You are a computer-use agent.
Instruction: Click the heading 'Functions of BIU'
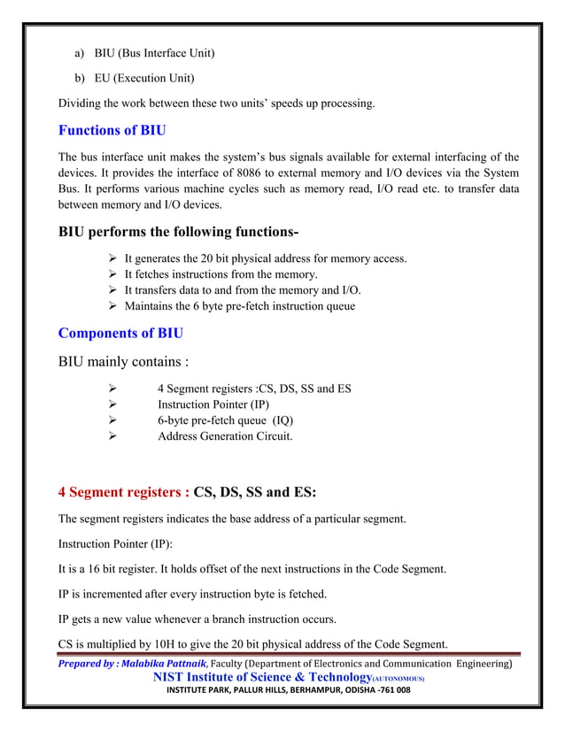tap(112, 131)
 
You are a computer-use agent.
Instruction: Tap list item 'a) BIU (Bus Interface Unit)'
tap(144, 53)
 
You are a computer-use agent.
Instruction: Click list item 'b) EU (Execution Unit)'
tap(134, 78)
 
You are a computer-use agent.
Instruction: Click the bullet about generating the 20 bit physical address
tap(265, 258)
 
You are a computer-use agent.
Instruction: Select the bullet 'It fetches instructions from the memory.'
tap(221, 274)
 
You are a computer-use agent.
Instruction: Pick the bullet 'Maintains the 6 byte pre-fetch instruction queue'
tap(239, 306)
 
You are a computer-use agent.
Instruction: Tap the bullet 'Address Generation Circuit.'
tap(225, 436)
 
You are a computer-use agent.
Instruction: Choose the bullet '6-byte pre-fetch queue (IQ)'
tap(225, 420)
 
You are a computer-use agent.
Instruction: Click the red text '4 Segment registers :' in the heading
tap(123, 492)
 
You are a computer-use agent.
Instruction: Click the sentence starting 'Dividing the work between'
tap(216, 104)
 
